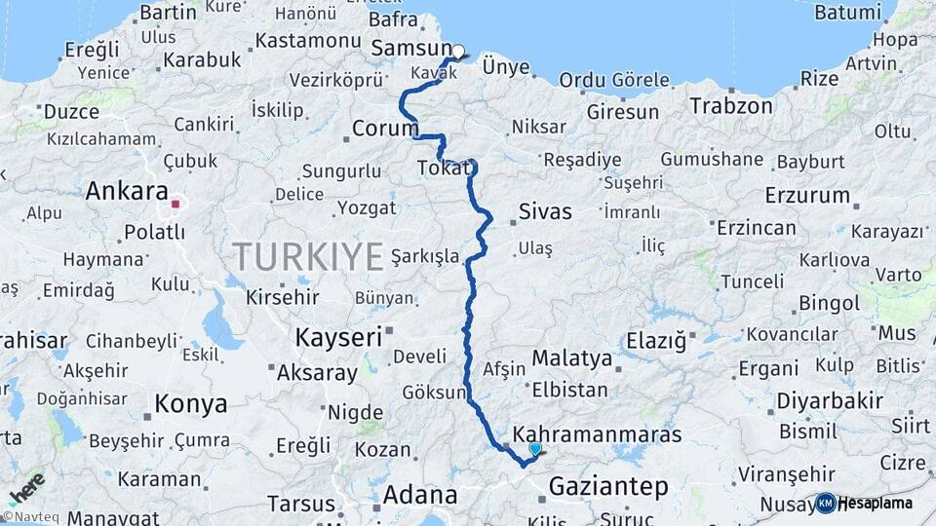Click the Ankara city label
[x=127, y=191]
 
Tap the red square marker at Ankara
[x=175, y=205]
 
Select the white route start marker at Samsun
[x=458, y=51]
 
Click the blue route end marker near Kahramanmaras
[x=534, y=448]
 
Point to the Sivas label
[x=545, y=211]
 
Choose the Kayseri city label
[x=337, y=338]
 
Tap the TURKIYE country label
[x=307, y=257]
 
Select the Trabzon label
[x=731, y=105]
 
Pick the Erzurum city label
[x=807, y=195]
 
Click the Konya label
[x=191, y=403]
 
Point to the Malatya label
[x=571, y=357]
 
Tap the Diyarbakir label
[x=830, y=400]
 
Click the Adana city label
[x=419, y=495]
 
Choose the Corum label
[x=384, y=129]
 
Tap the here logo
[x=27, y=487]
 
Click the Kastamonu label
[x=308, y=41]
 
